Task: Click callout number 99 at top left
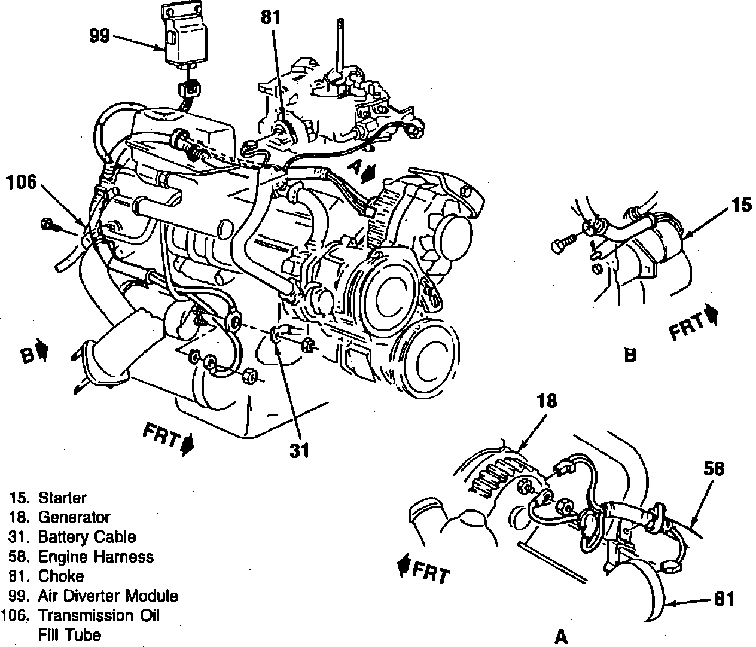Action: click(99, 36)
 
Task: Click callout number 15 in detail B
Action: click(740, 206)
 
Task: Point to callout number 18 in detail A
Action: click(547, 401)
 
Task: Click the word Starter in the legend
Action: click(62, 498)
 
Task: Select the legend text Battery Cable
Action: click(87, 537)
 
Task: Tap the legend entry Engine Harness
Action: click(96, 557)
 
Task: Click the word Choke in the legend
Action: click(61, 576)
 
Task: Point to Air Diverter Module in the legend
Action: click(108, 596)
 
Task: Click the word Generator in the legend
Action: click(74, 517)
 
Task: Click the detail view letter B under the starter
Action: click(629, 356)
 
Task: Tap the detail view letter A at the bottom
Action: click(561, 637)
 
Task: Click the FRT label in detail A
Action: click(430, 572)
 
